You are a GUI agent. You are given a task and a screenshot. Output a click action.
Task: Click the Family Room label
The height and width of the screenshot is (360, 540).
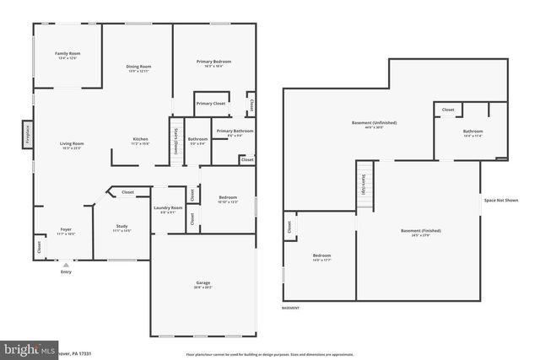67,53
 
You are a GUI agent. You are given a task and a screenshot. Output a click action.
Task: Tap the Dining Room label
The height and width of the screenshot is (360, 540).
139,67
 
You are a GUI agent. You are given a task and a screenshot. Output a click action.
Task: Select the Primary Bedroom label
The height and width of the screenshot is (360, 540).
214,62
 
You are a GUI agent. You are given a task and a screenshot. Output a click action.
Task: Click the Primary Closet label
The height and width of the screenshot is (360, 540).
211,104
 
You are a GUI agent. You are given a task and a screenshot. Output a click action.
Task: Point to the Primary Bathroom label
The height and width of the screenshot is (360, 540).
235,132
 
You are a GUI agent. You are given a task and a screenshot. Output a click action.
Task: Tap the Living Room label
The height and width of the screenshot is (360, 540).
72,144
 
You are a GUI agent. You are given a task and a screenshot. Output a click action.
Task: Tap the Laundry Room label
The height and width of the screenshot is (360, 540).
168,208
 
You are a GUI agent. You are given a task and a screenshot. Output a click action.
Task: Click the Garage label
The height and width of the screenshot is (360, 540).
202,284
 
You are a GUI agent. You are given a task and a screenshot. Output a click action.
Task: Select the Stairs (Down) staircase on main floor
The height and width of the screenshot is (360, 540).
175,138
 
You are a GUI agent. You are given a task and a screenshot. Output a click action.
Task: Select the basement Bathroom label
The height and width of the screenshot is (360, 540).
472,132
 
